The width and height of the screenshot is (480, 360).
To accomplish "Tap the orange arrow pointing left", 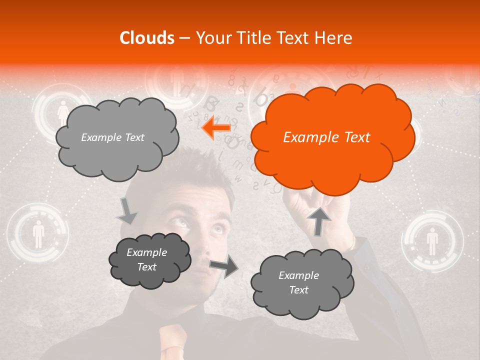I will (x=216, y=128).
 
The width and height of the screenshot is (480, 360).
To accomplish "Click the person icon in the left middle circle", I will (x=38, y=235).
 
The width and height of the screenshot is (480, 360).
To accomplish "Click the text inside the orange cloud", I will (x=326, y=137).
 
